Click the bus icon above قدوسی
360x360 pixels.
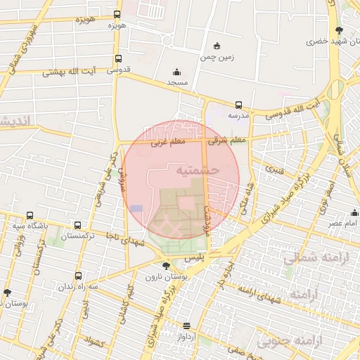117,59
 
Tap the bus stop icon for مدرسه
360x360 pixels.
238,105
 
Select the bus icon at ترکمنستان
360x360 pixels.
77,225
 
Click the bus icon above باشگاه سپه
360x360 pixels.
30,216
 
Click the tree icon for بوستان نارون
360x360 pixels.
165,266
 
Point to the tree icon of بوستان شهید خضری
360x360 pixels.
340,30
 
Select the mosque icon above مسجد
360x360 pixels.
176,72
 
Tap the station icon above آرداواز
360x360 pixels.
186,326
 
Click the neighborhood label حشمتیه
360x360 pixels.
198,170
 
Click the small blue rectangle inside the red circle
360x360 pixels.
136,208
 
